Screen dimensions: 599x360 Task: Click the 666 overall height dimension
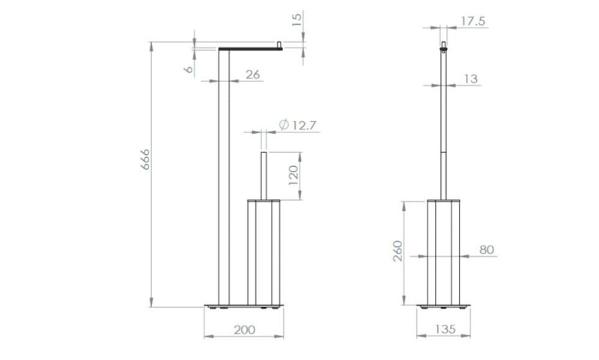click(145, 159)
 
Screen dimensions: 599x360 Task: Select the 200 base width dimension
click(245, 330)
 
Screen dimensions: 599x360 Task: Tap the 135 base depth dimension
click(445, 329)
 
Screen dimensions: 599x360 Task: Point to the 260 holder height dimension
click(398, 251)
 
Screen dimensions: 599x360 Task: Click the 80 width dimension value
click(487, 250)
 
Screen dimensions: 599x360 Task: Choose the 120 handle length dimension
click(293, 175)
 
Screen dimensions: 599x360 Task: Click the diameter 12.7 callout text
click(298, 125)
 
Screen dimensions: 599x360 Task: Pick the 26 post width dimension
click(252, 74)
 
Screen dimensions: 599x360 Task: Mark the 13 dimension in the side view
click(471, 79)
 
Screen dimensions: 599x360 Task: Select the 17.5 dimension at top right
click(473, 22)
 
